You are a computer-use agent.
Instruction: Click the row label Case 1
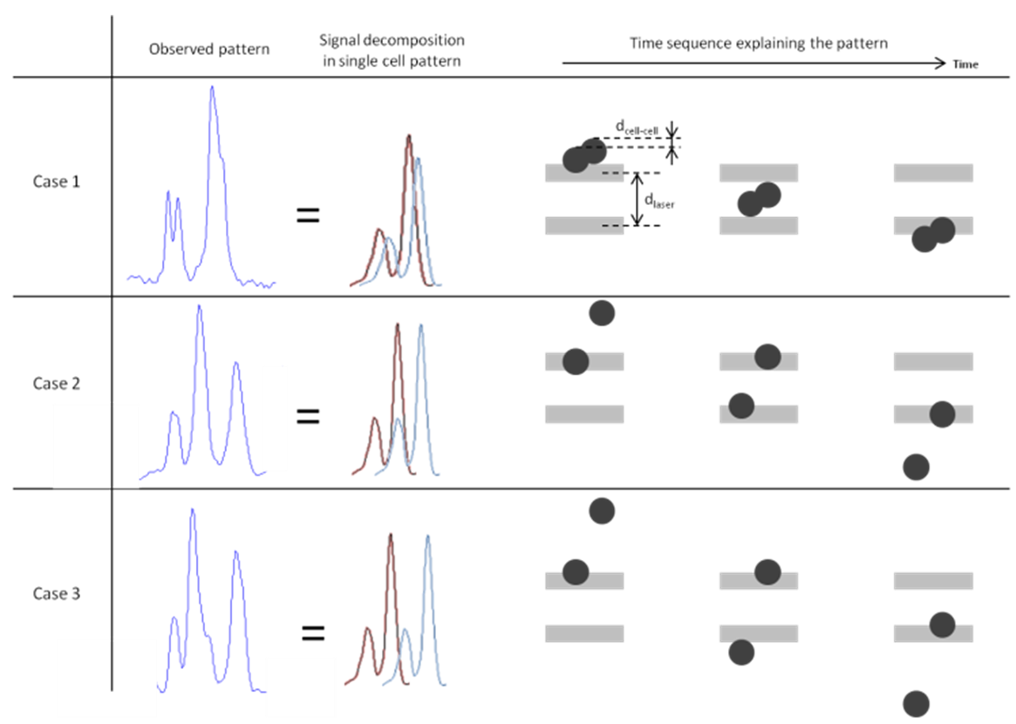57,181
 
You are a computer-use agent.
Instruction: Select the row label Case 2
57,384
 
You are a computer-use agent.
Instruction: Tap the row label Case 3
57,594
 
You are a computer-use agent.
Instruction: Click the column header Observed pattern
208,49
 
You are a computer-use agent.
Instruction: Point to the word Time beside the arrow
965,64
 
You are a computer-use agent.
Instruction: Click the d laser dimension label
659,201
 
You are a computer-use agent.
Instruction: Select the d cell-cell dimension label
637,127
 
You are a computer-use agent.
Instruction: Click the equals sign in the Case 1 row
308,215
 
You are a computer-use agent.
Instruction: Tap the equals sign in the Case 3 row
313,632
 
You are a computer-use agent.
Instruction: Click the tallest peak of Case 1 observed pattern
212,87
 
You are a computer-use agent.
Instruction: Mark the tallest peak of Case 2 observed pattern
199,306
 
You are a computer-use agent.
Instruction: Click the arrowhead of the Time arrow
941,63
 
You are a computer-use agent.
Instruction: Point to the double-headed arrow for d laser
637,199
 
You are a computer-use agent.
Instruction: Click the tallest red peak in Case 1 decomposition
409,136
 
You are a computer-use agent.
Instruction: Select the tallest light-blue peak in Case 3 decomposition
427,536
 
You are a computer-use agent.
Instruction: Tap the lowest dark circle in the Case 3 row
917,704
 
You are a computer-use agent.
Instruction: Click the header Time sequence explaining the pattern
759,44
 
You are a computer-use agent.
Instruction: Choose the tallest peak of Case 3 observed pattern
192,510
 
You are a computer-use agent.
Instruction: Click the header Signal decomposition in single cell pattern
392,51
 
